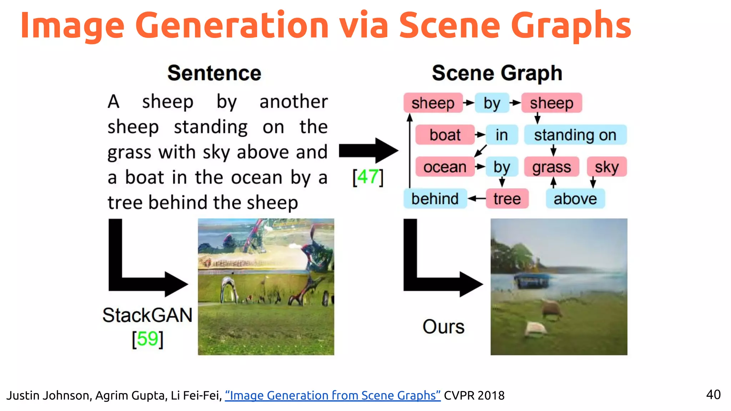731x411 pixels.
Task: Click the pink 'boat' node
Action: click(x=445, y=135)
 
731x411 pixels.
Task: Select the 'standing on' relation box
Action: click(x=575, y=135)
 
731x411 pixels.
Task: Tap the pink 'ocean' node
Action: click(x=445, y=167)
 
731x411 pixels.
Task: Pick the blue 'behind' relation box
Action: click(x=435, y=199)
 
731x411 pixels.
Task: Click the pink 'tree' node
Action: click(x=507, y=199)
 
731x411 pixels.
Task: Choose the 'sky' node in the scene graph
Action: click(x=606, y=167)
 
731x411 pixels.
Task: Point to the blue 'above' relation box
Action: click(x=575, y=199)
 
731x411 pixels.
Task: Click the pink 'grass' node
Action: click(x=551, y=167)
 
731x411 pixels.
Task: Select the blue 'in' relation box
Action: click(x=501, y=135)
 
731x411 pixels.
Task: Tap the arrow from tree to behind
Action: click(x=477, y=199)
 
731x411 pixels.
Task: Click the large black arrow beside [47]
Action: click(x=368, y=151)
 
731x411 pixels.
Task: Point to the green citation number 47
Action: click(x=368, y=177)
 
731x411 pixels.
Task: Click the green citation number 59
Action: click(x=147, y=339)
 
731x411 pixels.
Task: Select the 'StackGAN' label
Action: click(x=147, y=315)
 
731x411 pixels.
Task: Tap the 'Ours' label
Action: click(x=443, y=327)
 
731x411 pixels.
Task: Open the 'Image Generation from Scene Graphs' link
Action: click(x=333, y=395)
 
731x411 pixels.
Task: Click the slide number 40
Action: click(x=713, y=395)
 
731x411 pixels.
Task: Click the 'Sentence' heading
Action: click(x=215, y=73)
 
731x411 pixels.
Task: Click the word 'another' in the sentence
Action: click(x=293, y=102)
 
